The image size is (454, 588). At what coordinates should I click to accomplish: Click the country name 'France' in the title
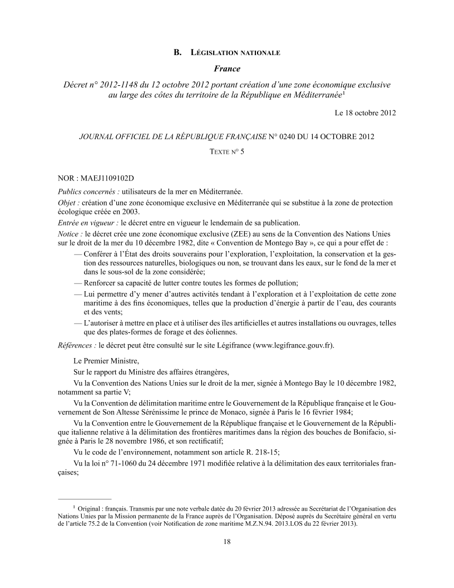pos(227,69)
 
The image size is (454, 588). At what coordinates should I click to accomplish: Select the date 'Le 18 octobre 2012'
pos(365,113)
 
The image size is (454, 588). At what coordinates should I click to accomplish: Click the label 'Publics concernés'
pos(89,191)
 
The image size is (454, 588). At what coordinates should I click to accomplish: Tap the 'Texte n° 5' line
pos(227,150)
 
